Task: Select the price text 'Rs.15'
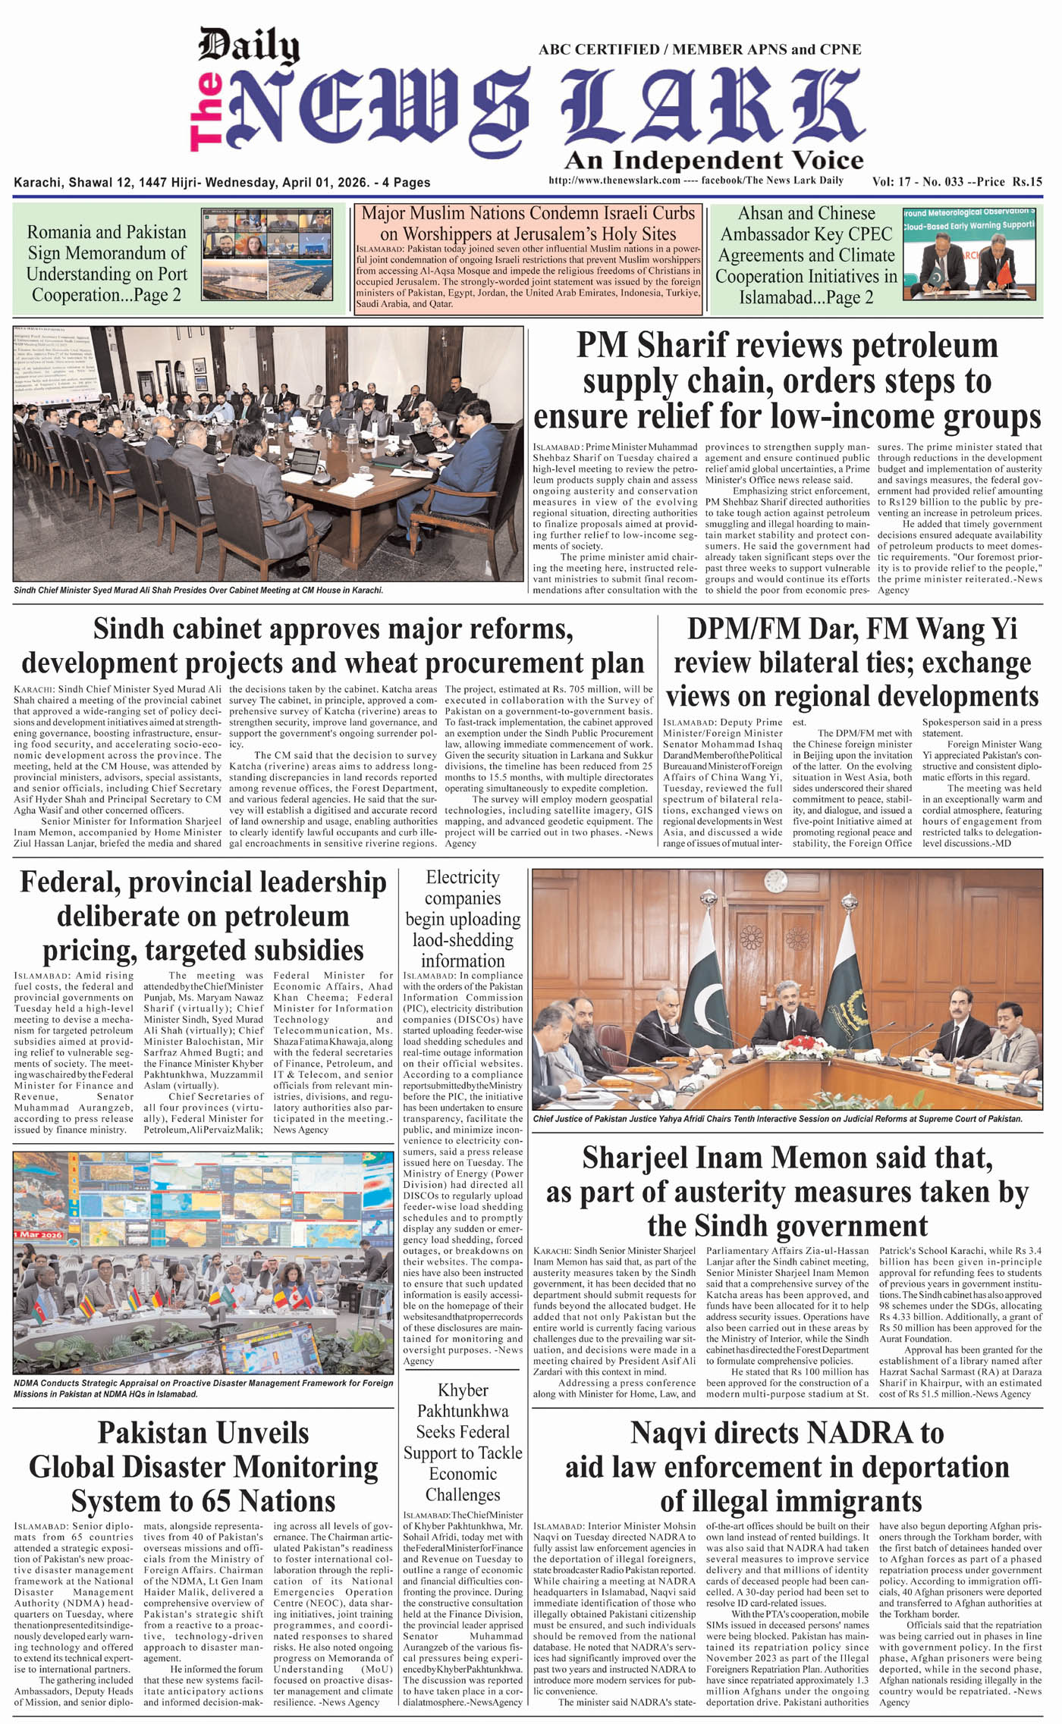click(x=1027, y=182)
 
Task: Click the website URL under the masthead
click(x=614, y=180)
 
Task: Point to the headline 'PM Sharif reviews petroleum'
click(x=787, y=346)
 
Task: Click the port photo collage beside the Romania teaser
click(x=266, y=255)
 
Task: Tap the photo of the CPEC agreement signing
click(x=970, y=255)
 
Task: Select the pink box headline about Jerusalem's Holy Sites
click(x=528, y=224)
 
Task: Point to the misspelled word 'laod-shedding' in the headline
click(x=463, y=940)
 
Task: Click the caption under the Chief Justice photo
click(x=777, y=1119)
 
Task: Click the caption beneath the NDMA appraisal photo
click(x=203, y=1388)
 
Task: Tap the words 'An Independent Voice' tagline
click(x=714, y=161)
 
